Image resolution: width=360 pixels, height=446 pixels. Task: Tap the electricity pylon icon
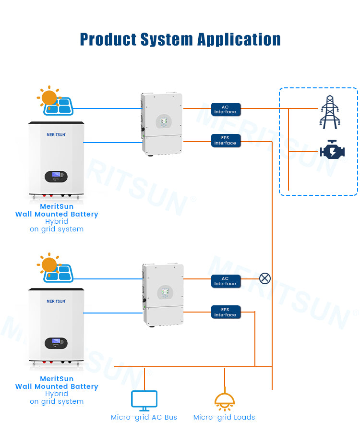pyautogui.click(x=330, y=112)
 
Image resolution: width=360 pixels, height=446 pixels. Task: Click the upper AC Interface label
pyautogui.click(x=226, y=109)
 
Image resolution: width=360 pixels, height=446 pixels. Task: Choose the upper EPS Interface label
pyautogui.click(x=226, y=140)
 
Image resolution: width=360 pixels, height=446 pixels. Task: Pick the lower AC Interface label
pyautogui.click(x=226, y=281)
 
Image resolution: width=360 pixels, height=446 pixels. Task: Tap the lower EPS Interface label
pyautogui.click(x=226, y=312)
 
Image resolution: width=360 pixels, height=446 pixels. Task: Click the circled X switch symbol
pyautogui.click(x=265, y=278)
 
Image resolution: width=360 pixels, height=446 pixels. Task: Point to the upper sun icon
pyautogui.click(x=49, y=97)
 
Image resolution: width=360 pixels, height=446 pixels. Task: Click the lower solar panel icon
pyautogui.click(x=59, y=273)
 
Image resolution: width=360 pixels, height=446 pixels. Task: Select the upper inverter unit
pyautogui.click(x=162, y=123)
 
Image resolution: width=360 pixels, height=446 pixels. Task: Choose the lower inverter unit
pyautogui.click(x=163, y=295)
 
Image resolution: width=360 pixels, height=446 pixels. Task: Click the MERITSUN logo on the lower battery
pyautogui.click(x=56, y=301)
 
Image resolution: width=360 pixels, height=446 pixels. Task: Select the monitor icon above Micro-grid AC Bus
pyautogui.click(x=144, y=400)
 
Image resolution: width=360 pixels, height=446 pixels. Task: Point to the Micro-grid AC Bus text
pyautogui.click(x=144, y=417)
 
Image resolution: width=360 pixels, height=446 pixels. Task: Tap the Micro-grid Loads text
pyautogui.click(x=224, y=417)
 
